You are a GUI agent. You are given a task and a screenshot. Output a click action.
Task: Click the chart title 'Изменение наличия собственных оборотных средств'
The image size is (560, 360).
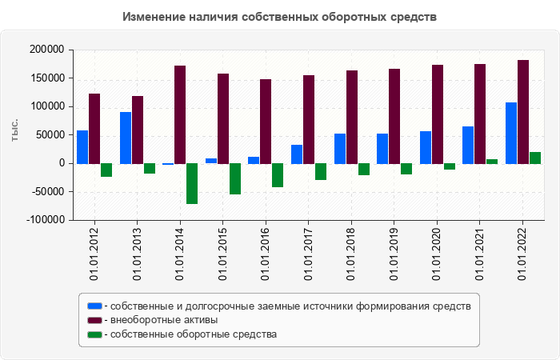[x=280, y=17]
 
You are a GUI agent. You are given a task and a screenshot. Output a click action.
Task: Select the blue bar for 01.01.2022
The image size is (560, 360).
[x=511, y=133]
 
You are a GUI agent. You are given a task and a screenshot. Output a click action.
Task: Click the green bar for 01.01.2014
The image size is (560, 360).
[x=192, y=183]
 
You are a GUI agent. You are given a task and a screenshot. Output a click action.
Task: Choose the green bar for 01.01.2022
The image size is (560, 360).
[x=535, y=158]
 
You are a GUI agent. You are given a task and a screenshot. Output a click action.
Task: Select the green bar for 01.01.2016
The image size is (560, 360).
[x=278, y=175]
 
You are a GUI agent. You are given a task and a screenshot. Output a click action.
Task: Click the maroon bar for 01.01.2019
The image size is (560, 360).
[x=394, y=116]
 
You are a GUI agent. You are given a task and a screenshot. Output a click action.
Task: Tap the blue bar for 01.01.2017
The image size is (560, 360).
[x=297, y=154]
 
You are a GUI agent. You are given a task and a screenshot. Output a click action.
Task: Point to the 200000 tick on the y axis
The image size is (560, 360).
[x=46, y=50]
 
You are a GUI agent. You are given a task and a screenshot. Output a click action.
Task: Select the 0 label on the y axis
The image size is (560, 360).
[x=61, y=163]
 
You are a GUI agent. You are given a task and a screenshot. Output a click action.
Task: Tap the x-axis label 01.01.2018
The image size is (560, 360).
[x=351, y=253]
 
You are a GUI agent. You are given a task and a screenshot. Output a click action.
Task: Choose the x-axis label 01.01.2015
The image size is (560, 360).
[x=223, y=253]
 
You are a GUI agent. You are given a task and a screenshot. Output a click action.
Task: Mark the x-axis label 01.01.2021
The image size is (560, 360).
[x=479, y=253]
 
